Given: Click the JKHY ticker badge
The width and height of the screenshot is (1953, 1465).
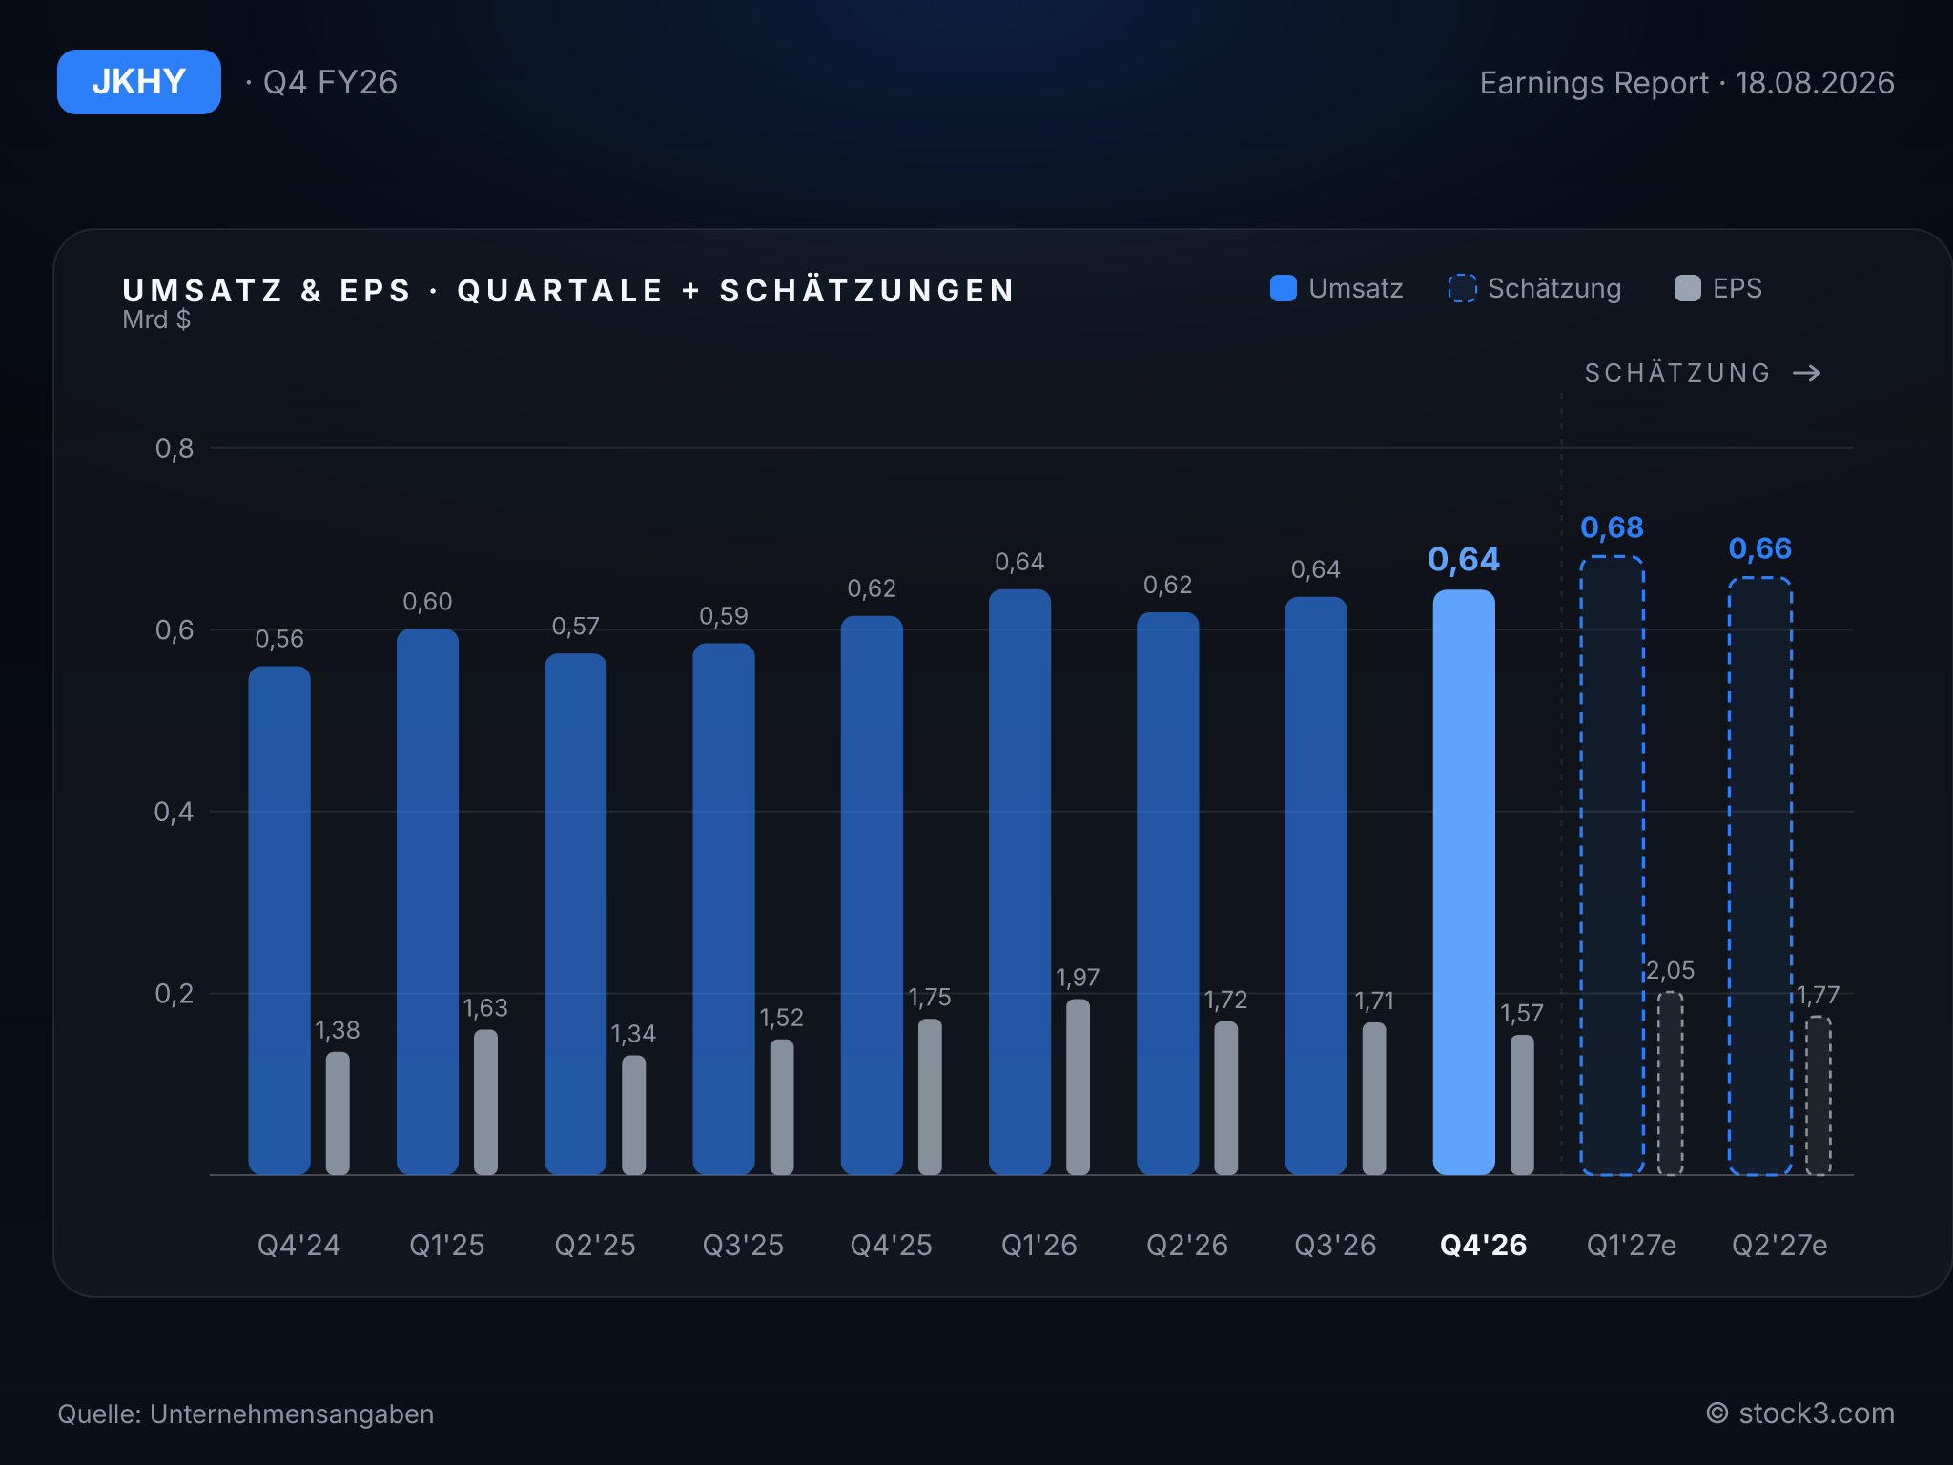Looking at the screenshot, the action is click(139, 82).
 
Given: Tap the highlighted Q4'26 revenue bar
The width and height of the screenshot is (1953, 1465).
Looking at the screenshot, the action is click(1464, 882).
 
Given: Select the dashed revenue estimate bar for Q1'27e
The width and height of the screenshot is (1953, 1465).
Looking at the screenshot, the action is click(1612, 865).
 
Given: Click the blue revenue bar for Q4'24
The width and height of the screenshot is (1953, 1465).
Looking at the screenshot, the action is click(279, 920).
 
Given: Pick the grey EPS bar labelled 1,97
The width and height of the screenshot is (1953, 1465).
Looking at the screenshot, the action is click(1078, 1086).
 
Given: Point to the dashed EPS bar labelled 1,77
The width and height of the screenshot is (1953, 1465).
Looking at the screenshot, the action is click(1819, 1096).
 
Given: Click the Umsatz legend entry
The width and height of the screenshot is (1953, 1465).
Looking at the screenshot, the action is click(1337, 288).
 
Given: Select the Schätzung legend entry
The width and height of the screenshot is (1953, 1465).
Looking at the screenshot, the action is click(1534, 288).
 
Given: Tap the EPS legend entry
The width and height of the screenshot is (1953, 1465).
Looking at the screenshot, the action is click(1718, 288).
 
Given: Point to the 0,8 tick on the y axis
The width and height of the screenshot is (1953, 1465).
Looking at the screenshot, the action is click(175, 448).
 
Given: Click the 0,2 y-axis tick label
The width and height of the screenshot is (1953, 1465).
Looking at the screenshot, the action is click(175, 994).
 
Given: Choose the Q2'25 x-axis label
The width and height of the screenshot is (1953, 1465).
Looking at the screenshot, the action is click(595, 1245).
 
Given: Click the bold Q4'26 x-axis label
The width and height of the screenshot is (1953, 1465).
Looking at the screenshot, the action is click(1484, 1245).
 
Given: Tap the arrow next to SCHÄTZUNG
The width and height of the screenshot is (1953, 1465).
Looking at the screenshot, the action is click(1807, 373).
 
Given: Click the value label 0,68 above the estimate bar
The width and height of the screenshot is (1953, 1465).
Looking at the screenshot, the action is click(1613, 527).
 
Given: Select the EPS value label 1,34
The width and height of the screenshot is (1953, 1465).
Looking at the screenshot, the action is click(633, 1034).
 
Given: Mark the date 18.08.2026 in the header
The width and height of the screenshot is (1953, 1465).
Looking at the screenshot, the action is click(1815, 83).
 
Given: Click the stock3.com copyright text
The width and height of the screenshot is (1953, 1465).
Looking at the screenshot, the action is click(1800, 1413).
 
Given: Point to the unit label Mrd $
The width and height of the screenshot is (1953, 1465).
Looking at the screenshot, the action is click(156, 320).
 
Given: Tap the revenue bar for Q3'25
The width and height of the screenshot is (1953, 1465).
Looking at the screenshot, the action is click(724, 909).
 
